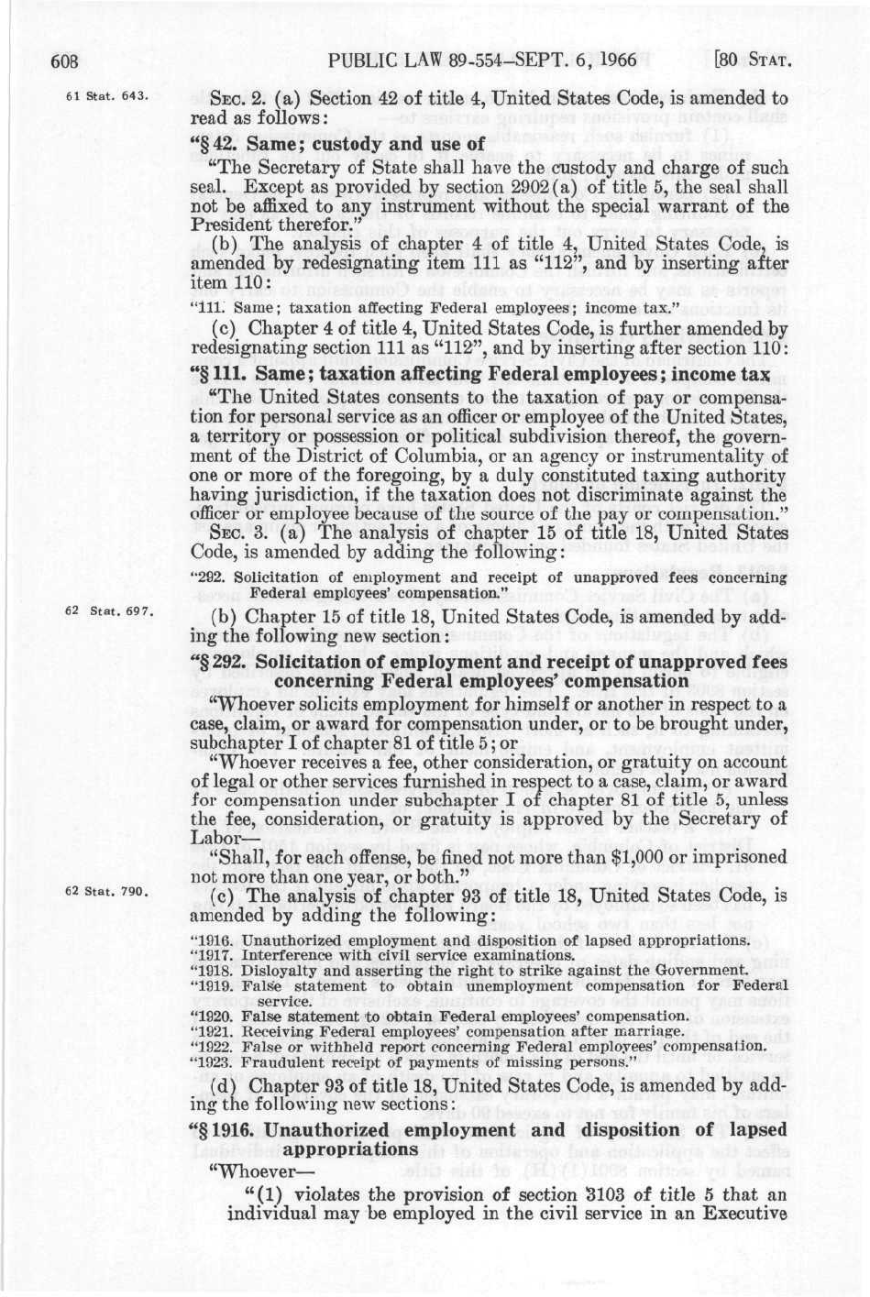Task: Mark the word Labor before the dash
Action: (210, 836)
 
